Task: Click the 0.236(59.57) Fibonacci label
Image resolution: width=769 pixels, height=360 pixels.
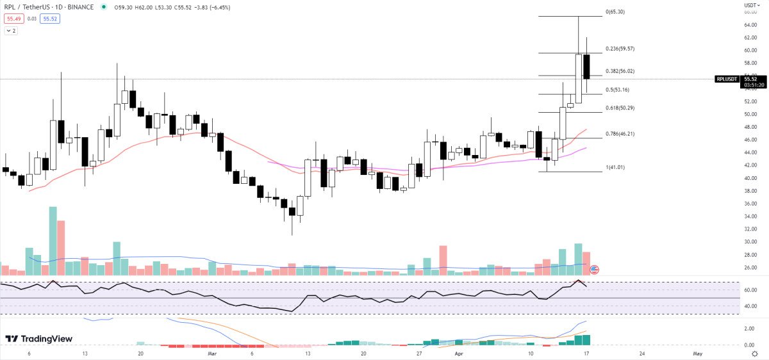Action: [x=620, y=48]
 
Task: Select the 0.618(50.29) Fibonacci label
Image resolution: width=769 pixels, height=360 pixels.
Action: [x=620, y=108]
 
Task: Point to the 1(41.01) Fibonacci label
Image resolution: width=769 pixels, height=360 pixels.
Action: [x=615, y=167]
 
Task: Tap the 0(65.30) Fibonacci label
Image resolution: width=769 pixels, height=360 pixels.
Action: [x=615, y=12]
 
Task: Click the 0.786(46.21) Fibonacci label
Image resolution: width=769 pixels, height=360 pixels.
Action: [x=620, y=134]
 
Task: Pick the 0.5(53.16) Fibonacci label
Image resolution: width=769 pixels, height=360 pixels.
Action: [x=616, y=90]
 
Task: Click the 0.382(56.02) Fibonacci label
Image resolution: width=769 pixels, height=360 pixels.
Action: [x=620, y=71]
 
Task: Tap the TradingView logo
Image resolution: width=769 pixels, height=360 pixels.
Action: [x=39, y=339]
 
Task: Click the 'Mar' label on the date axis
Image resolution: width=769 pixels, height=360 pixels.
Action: [x=212, y=353]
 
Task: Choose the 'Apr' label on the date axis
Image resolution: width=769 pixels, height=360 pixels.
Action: [x=459, y=353]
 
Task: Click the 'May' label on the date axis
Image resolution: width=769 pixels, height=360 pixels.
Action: [x=698, y=353]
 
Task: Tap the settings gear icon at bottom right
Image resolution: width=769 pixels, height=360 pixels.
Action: [x=755, y=353]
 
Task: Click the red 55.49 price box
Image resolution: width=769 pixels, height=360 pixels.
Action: [x=12, y=19]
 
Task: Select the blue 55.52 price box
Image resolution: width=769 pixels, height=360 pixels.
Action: [x=49, y=19]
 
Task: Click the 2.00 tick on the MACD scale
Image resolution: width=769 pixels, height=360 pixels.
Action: [x=749, y=329]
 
